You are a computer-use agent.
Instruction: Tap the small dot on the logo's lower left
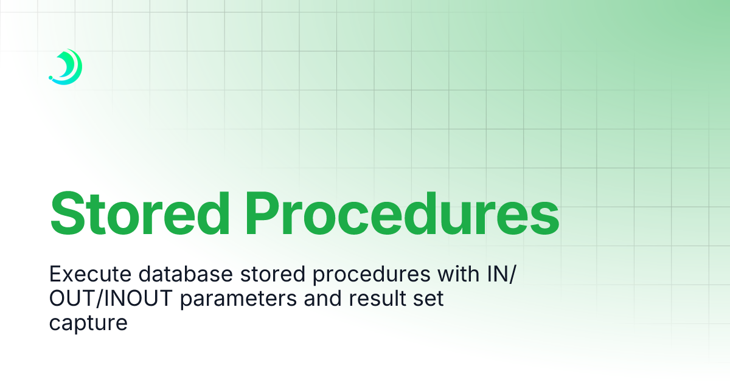click(50, 78)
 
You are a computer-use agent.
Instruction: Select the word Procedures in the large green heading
click(403, 213)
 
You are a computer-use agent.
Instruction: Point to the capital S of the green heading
click(69, 213)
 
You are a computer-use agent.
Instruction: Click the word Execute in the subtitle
click(90, 275)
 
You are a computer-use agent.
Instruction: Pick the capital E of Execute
click(55, 275)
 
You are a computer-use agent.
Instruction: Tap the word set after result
click(431, 298)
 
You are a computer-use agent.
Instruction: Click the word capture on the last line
click(88, 323)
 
